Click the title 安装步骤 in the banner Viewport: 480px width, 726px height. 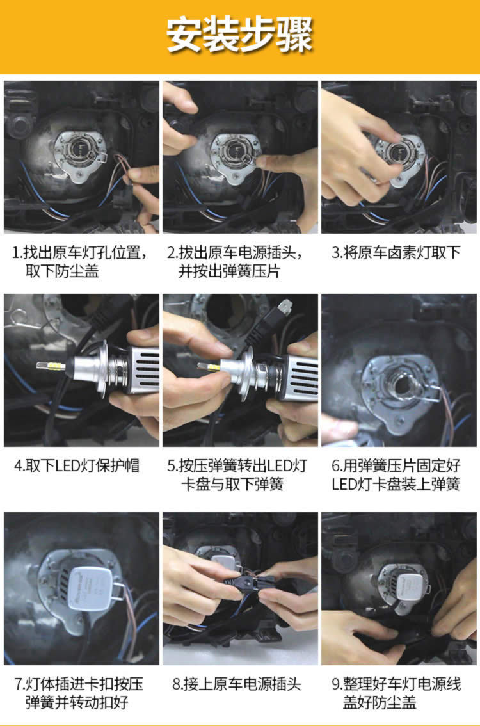(x=240, y=35)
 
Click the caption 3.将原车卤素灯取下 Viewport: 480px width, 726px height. (x=396, y=253)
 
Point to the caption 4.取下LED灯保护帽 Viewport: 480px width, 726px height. (x=77, y=466)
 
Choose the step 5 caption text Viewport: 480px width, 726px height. (x=237, y=474)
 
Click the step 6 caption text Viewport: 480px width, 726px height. (x=396, y=474)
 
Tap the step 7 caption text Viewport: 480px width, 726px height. (x=79, y=693)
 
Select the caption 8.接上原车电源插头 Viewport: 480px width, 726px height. (x=237, y=684)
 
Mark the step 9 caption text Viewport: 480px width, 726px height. (x=396, y=693)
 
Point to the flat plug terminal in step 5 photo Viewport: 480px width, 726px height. (x=284, y=307)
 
